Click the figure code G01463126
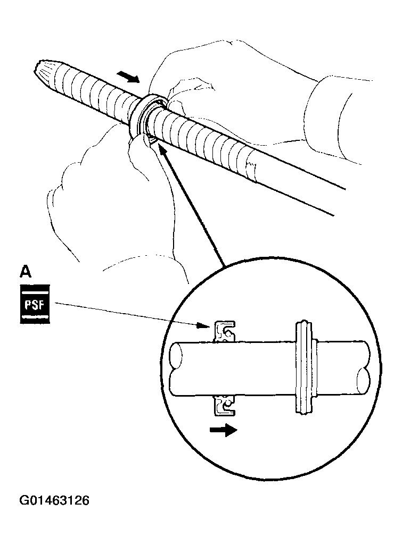click(54, 501)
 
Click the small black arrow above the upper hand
click(128, 78)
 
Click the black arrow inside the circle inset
click(224, 430)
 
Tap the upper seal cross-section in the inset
click(225, 332)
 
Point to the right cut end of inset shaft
click(365, 367)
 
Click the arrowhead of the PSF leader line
click(209, 325)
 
